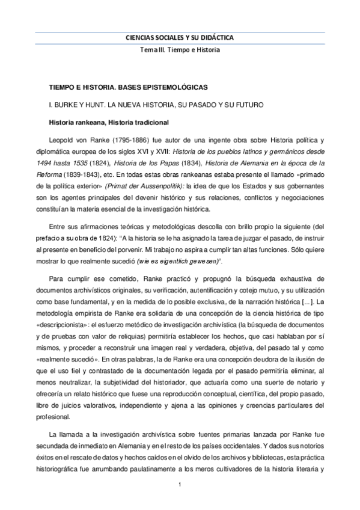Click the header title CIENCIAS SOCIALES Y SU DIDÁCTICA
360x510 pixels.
coord(180,37)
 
